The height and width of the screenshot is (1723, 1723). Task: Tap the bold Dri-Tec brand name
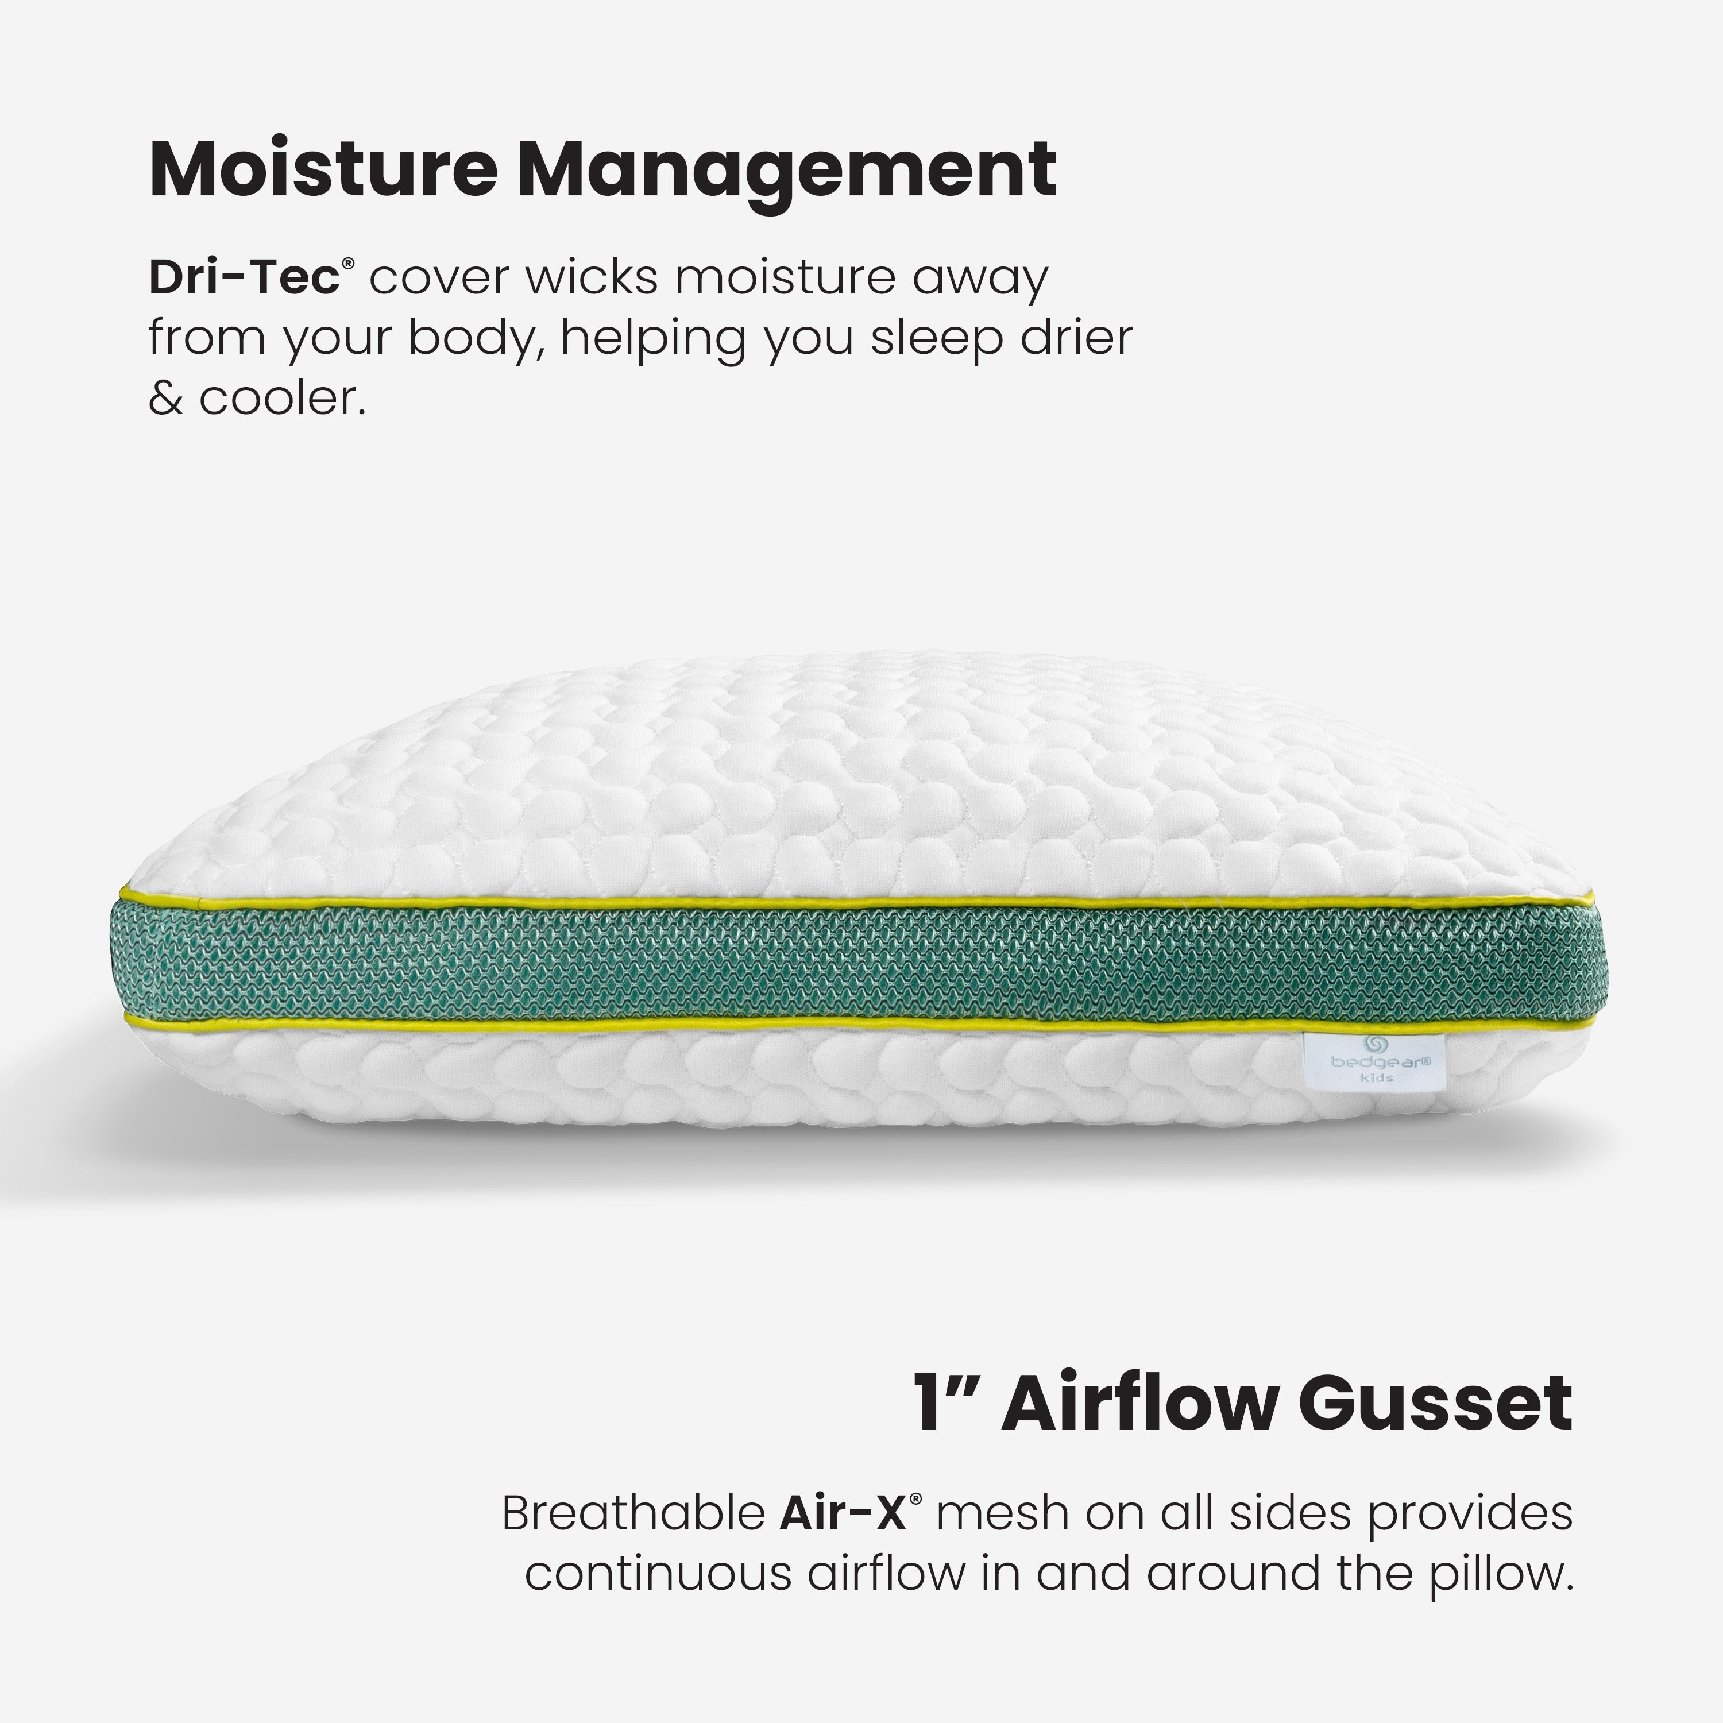(244, 277)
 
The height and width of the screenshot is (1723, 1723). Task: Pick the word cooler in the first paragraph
(282, 398)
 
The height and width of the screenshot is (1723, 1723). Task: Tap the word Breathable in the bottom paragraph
(633, 1513)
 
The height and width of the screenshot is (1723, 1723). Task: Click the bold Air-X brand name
(843, 1513)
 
